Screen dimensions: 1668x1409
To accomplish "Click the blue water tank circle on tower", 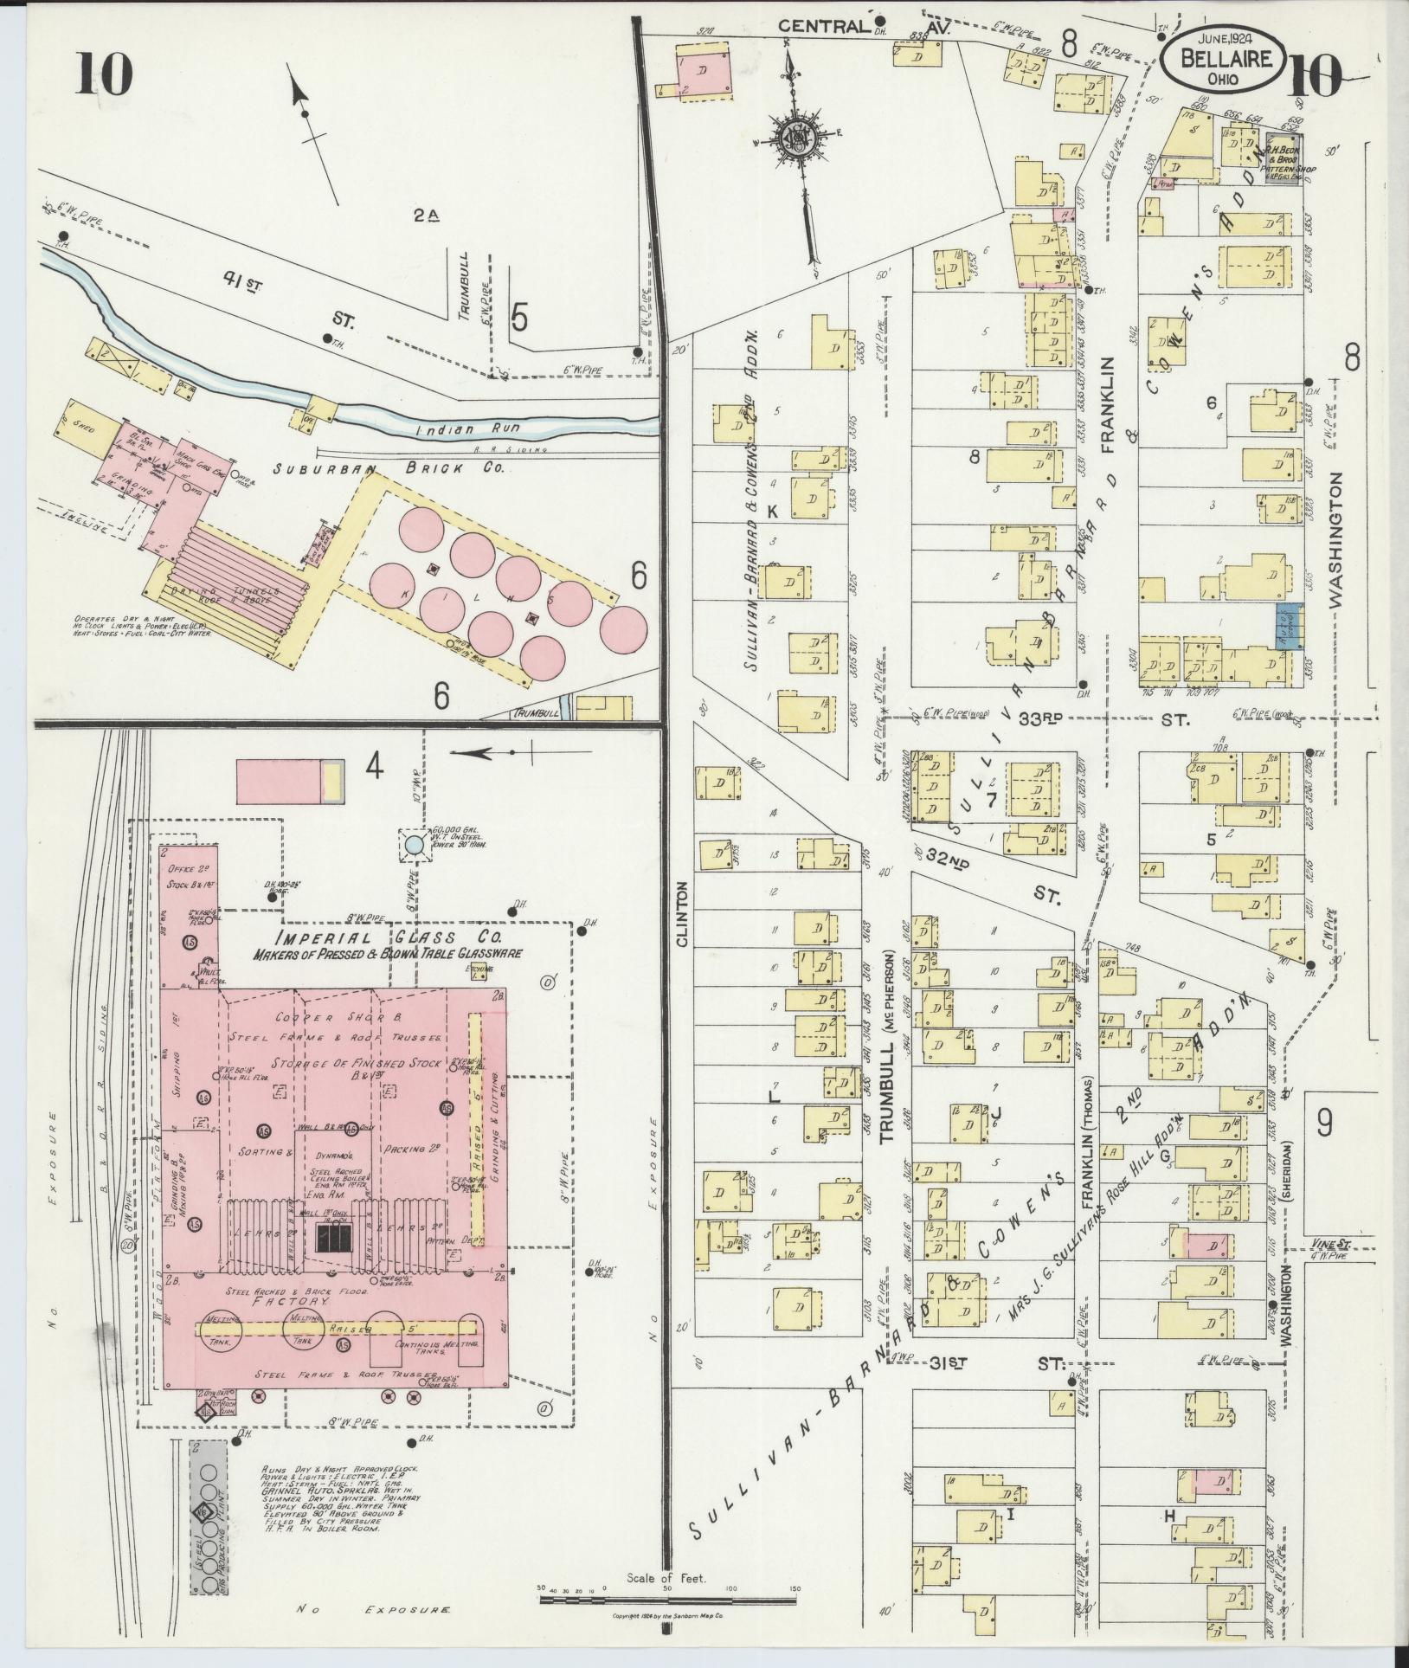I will click(415, 844).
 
